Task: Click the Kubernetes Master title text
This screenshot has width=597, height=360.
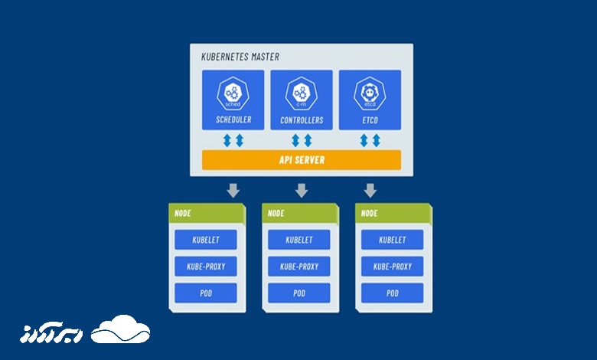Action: (x=240, y=57)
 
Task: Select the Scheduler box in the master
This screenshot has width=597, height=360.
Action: (x=233, y=100)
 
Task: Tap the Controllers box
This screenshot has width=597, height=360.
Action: (x=302, y=100)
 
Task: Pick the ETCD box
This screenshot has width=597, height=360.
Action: (x=370, y=100)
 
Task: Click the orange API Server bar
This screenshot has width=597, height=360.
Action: (x=301, y=160)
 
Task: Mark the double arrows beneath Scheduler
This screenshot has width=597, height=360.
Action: (x=233, y=140)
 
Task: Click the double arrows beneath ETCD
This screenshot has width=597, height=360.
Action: (x=370, y=140)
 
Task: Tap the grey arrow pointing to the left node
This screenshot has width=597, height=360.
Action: (x=233, y=189)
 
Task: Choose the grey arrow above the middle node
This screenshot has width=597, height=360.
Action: (x=302, y=189)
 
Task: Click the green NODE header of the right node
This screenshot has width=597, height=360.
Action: (x=393, y=213)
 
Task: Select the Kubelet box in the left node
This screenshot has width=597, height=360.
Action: (x=206, y=240)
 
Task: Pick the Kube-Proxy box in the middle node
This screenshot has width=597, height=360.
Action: (x=299, y=267)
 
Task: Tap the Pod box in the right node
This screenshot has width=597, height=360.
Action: (x=393, y=293)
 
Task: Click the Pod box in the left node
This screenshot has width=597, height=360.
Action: (x=206, y=293)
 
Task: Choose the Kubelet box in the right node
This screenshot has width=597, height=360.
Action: (x=393, y=240)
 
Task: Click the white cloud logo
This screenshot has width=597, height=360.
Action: (x=120, y=329)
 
